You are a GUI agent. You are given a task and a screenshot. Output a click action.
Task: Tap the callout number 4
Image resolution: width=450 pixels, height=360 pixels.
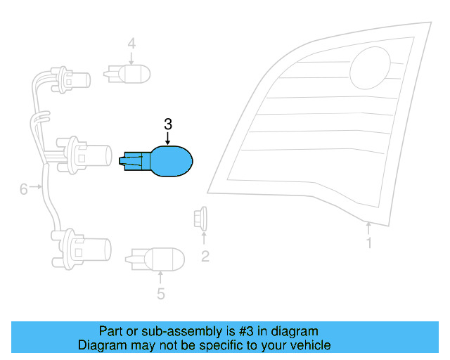coord(131,44)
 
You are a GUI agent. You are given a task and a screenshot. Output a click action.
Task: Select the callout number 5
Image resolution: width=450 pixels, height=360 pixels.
coord(161,294)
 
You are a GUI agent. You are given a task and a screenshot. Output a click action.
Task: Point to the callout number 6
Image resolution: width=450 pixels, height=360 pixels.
coord(23,189)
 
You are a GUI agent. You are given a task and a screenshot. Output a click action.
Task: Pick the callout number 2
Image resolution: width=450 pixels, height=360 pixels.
coord(205,256)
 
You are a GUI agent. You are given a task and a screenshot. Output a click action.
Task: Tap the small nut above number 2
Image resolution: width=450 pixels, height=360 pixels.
coord(200,219)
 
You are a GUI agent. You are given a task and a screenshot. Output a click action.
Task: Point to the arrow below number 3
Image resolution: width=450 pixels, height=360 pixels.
coord(168,139)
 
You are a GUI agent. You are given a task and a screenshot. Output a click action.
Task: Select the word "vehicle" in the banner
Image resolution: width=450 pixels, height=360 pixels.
coord(310,345)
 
